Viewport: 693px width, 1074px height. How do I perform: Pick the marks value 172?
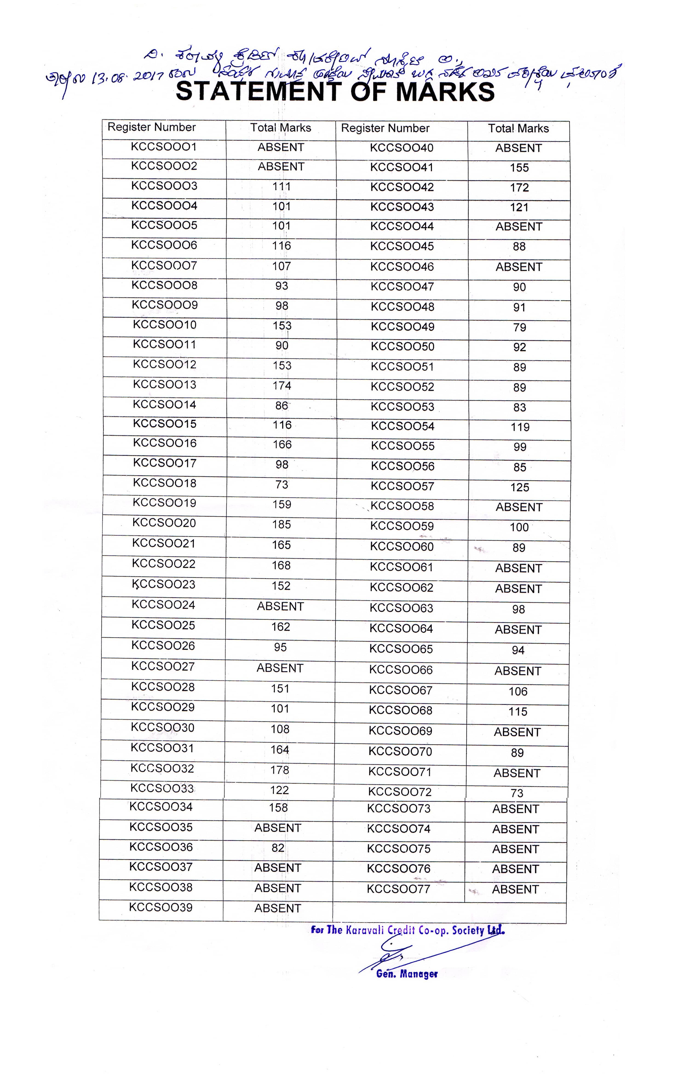[519, 188]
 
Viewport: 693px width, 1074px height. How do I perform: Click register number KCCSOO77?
[399, 889]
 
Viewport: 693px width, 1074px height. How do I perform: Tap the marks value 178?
[279, 770]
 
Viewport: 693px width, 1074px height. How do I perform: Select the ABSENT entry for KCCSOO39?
[278, 908]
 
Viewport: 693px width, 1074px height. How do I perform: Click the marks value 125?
[520, 487]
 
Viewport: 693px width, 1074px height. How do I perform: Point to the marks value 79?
[520, 327]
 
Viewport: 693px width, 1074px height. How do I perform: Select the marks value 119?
[520, 427]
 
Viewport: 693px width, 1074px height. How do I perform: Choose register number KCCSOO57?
[402, 486]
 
